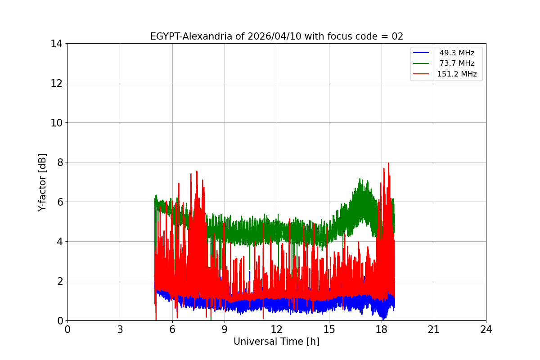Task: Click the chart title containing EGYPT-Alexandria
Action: [276, 36]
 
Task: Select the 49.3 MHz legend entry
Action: [457, 53]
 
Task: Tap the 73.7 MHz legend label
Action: [457, 63]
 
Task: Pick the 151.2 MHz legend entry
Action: [457, 74]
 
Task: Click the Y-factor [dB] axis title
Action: [42, 182]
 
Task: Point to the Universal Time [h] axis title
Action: [276, 342]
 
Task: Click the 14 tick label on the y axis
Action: [56, 44]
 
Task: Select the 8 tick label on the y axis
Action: [58, 162]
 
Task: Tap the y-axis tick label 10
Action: [56, 123]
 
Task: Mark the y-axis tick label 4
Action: [58, 242]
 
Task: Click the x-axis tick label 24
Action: [486, 329]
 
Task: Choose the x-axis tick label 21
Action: [433, 329]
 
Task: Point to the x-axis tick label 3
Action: [120, 329]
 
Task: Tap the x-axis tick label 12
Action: [277, 329]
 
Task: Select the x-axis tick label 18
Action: [381, 329]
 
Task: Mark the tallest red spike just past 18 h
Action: [388, 163]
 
